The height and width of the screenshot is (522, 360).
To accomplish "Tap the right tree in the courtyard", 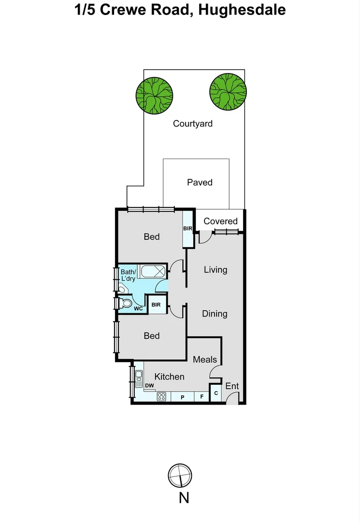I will tap(228, 91).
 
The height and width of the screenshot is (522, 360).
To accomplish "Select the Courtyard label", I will tap(193, 124).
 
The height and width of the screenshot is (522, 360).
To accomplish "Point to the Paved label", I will tap(200, 182).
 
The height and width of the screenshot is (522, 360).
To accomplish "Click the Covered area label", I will tap(220, 221).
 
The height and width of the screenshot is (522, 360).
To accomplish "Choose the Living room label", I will tap(215, 269).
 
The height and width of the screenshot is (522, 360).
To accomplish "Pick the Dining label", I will tap(215, 314).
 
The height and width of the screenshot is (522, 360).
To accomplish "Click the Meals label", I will tap(205, 360).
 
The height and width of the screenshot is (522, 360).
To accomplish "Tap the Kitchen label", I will tap(169, 377).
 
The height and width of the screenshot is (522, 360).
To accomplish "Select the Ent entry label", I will tap(232, 386).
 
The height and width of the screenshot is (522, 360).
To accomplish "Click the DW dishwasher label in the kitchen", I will tap(149, 385).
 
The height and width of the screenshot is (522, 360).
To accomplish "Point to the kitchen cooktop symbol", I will tap(162, 397).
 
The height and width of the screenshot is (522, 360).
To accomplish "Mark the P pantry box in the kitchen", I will tap(183, 397).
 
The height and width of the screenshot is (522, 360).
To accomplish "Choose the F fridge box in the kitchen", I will tap(202, 397).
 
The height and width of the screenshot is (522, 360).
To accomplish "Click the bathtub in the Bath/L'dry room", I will tap(152, 271).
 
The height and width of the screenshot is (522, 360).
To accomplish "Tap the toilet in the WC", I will tap(126, 304).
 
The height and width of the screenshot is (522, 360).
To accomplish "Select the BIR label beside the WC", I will tap(156, 304).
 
